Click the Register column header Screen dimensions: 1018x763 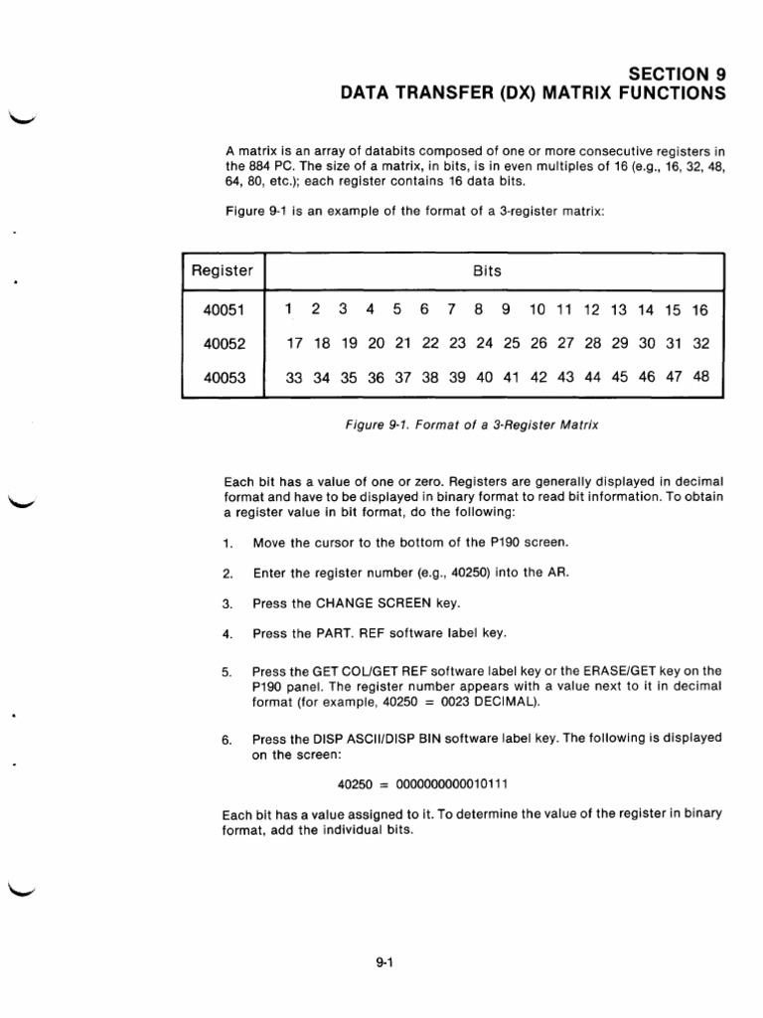coord(223,270)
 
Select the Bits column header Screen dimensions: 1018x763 coord(488,270)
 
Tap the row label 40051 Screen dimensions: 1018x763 coord(223,310)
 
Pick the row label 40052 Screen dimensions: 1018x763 coord(223,344)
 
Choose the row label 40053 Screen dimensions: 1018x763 coord(223,378)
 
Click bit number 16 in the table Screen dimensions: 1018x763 coord(699,310)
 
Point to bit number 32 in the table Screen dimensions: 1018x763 coord(699,344)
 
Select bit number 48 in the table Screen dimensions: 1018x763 coord(699,378)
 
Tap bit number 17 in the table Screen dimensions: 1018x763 coord(294,344)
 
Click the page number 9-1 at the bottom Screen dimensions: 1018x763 coord(386,961)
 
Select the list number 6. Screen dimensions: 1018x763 coord(227,739)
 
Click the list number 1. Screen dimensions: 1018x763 coord(227,543)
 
